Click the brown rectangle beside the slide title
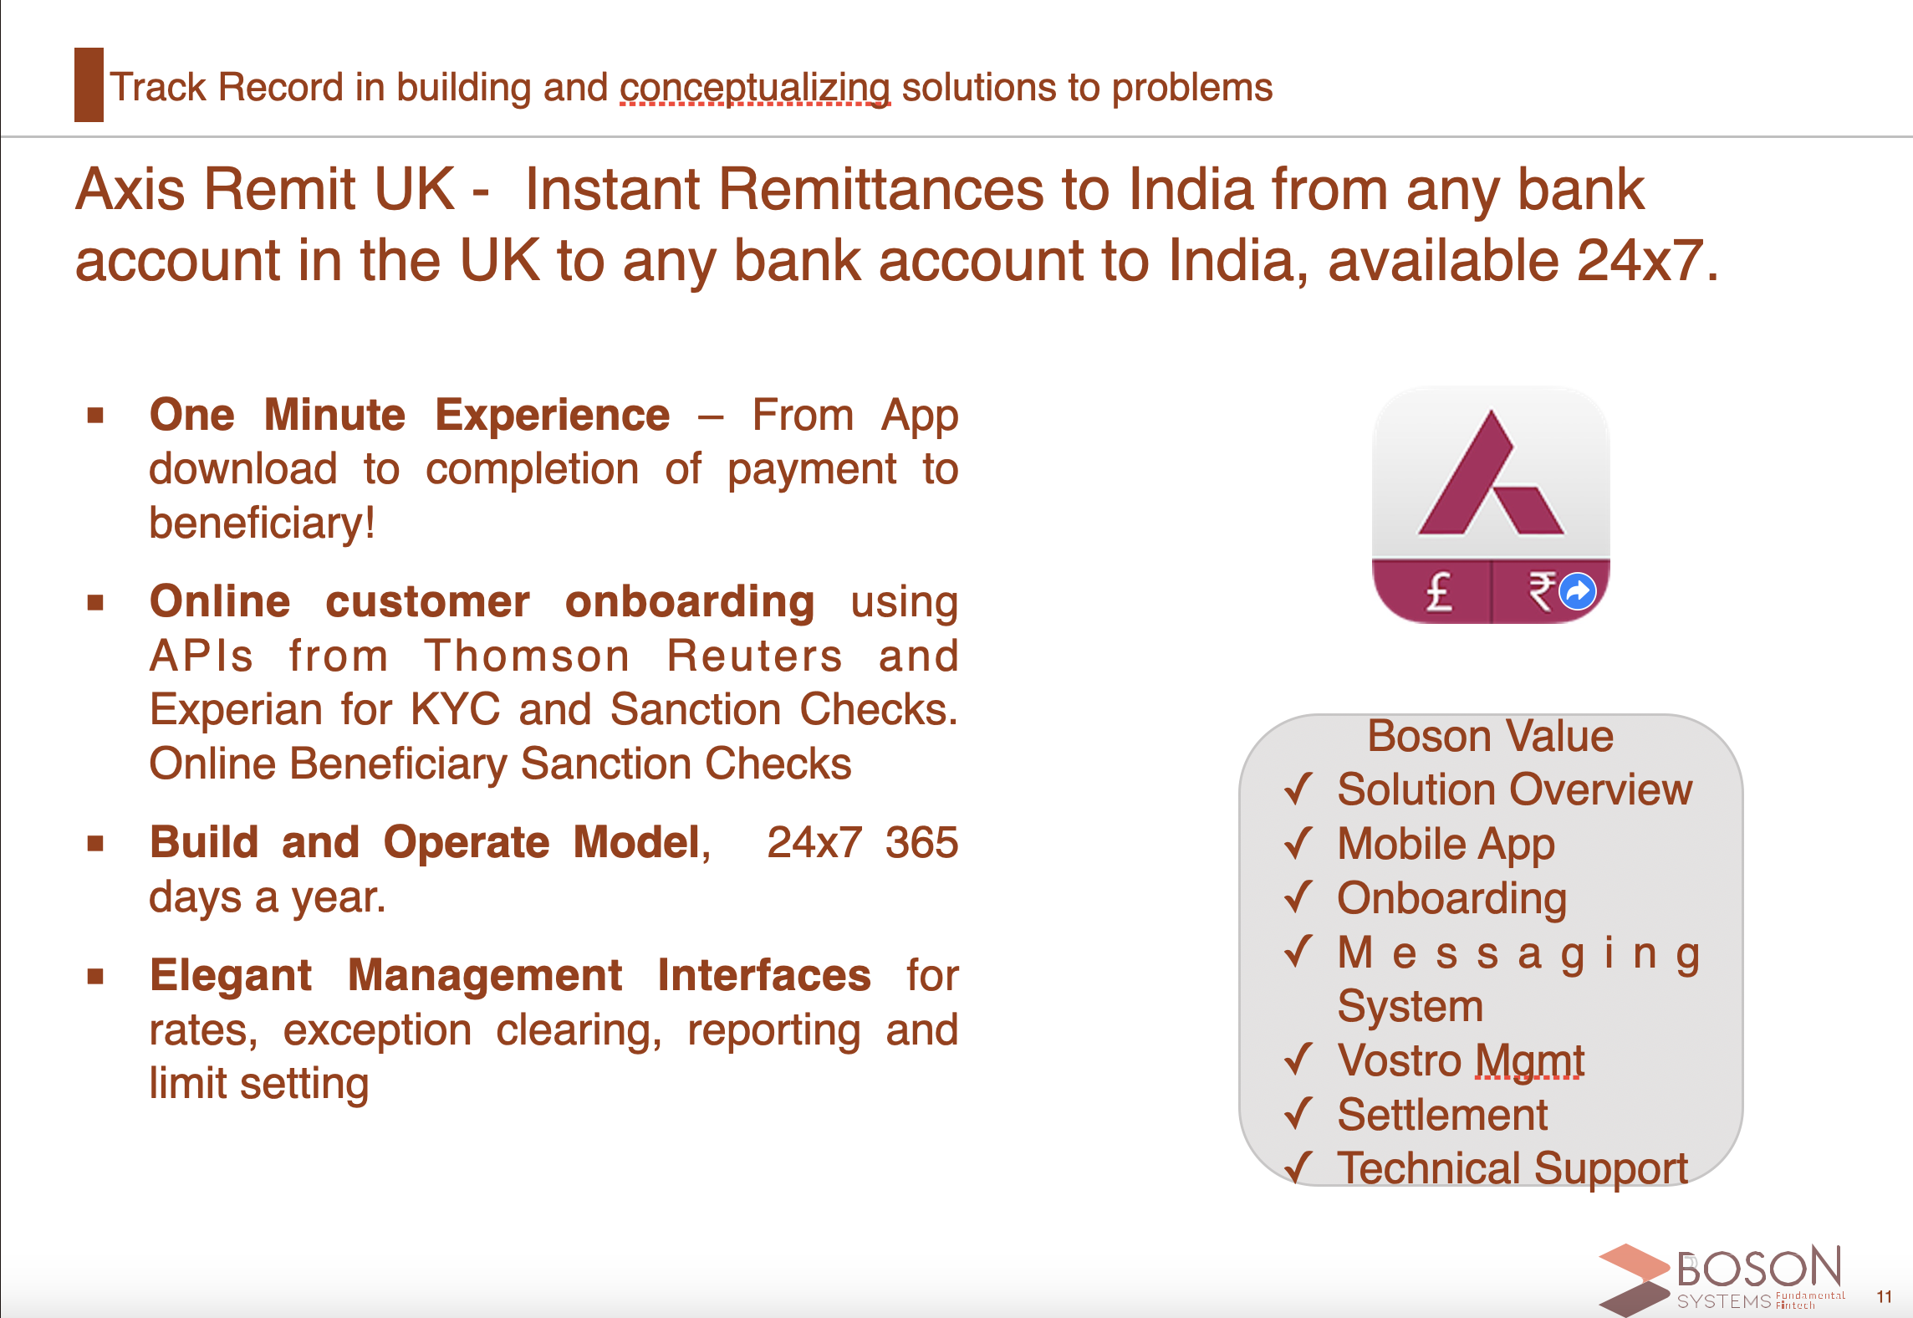(89, 84)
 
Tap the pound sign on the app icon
(1439, 592)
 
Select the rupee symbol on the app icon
(1541, 592)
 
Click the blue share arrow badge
(1578, 592)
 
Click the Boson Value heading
(1490, 737)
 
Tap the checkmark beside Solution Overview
(1298, 789)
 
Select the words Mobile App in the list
(1446, 844)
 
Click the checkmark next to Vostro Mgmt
(1298, 1060)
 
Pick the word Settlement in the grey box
(1442, 1115)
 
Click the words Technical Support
(1513, 1168)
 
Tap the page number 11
(1884, 1296)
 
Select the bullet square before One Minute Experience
(95, 415)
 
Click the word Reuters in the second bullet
(755, 656)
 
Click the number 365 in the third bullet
(921, 842)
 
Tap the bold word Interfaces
(764, 975)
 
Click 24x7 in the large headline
(1640, 260)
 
